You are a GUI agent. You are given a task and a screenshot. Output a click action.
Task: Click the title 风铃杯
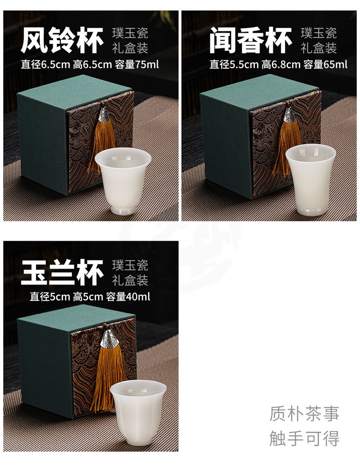pyautogui.click(x=62, y=40)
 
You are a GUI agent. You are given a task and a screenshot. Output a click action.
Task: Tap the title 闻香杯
pyautogui.click(x=251, y=40)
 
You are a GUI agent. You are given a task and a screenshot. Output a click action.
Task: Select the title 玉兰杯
pyautogui.click(x=62, y=273)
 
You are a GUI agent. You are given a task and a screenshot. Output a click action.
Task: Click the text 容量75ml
pyautogui.click(x=137, y=64)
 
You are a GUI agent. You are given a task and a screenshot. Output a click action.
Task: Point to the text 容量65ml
pyautogui.click(x=325, y=64)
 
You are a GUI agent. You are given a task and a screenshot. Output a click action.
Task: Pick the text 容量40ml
pyautogui.click(x=128, y=297)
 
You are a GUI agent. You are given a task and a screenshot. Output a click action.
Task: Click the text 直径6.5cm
pyautogui.click(x=45, y=64)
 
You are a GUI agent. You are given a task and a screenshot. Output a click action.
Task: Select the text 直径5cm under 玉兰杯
pyautogui.click(x=49, y=297)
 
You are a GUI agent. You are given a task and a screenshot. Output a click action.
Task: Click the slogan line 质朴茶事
pyautogui.click(x=304, y=414)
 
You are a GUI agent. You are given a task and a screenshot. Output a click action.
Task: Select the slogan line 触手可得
pyautogui.click(x=304, y=438)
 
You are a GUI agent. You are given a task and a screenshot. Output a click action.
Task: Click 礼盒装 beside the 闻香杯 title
pyautogui.click(x=319, y=48)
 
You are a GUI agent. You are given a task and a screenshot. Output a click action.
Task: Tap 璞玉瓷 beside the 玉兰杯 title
pyautogui.click(x=130, y=265)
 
